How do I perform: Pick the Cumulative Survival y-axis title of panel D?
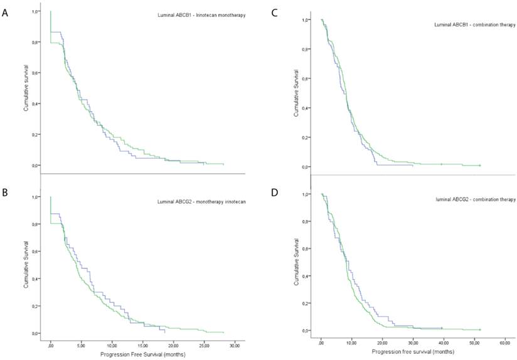click(296, 262)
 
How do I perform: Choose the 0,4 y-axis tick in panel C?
click(306, 108)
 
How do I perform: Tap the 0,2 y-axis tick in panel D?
click(306, 303)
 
